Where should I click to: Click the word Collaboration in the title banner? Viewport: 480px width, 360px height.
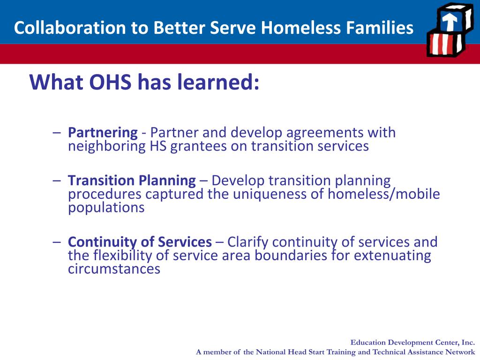[x=70, y=28]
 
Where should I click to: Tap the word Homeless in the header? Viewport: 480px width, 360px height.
[x=301, y=28]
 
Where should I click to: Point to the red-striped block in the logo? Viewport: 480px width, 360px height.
[x=444, y=45]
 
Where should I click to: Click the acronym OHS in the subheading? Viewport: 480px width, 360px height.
[x=110, y=82]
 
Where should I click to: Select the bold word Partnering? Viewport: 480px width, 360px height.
[x=103, y=133]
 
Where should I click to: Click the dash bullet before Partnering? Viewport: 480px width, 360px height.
[x=57, y=133]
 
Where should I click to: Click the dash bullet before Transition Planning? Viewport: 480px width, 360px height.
[x=57, y=180]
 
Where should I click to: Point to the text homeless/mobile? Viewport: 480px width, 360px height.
[x=384, y=194]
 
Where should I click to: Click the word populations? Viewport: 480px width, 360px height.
[x=106, y=208]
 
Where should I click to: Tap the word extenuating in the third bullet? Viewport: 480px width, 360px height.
[x=393, y=255]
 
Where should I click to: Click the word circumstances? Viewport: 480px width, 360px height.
[x=114, y=269]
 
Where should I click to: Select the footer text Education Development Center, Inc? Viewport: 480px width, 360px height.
[x=412, y=343]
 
